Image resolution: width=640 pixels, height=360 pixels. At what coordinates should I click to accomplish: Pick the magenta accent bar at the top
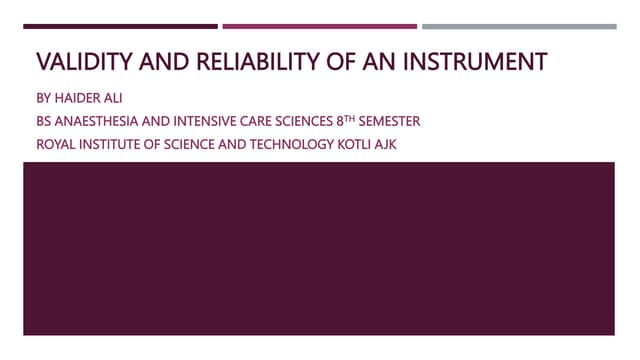click(x=319, y=26)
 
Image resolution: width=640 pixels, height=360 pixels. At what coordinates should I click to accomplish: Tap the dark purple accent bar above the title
click(x=120, y=26)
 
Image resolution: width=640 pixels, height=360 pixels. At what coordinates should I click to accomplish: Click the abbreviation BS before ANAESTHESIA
click(x=45, y=121)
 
